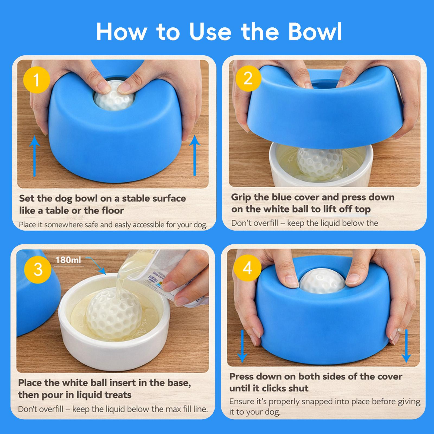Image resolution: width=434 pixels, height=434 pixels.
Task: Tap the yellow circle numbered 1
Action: (x=36, y=80)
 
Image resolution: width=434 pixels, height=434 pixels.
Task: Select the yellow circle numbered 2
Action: (x=248, y=78)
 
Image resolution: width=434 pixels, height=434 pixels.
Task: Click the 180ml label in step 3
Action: (x=68, y=260)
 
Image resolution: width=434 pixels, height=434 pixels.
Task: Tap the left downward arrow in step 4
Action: (x=242, y=346)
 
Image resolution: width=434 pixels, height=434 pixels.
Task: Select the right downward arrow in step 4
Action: (x=406, y=346)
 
